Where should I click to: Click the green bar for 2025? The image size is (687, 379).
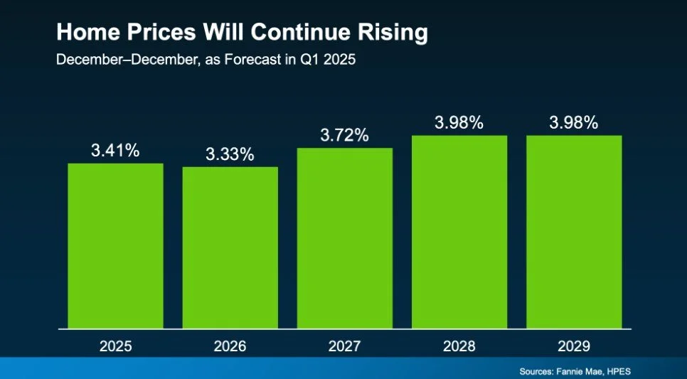115,246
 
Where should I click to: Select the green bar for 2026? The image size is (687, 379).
230,248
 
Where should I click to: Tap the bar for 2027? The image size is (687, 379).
344,238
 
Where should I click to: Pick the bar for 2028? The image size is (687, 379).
459,232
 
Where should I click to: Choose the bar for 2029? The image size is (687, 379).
574,232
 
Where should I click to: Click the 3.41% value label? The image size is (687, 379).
115,151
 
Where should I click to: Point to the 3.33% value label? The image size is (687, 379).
230,154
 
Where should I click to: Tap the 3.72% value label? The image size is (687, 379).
344,135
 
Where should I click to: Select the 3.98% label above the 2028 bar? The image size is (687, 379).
459,122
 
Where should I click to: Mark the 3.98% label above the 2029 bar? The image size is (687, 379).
574,122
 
